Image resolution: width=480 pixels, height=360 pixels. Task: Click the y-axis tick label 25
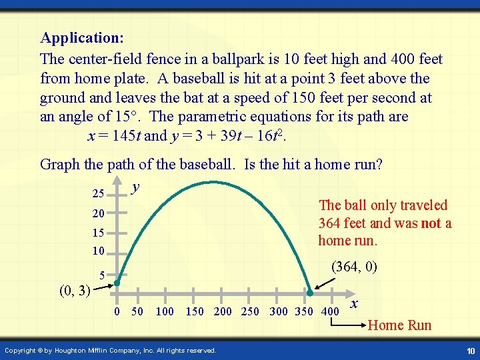click(x=98, y=194)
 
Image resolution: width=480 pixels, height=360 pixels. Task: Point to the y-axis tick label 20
click(x=98, y=214)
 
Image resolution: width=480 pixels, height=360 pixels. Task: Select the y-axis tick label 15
click(x=98, y=233)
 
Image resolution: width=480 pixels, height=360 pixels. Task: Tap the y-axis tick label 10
click(x=98, y=252)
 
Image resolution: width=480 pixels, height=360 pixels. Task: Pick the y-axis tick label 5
click(x=102, y=275)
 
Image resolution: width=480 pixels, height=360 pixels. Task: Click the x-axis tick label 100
click(x=165, y=312)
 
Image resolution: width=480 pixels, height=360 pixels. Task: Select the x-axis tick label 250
click(x=249, y=312)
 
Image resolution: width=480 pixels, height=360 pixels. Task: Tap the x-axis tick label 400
click(x=329, y=312)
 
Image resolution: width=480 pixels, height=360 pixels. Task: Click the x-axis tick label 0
click(x=117, y=312)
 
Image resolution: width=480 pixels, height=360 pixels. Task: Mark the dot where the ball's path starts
click(x=116, y=283)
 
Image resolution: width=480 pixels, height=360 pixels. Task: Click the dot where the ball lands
click(x=309, y=293)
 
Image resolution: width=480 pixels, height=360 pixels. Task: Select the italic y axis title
click(x=135, y=188)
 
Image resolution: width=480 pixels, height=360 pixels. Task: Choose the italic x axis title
click(x=355, y=303)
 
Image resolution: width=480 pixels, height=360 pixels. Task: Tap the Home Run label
click(x=399, y=325)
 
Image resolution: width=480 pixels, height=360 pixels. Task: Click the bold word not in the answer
click(x=431, y=223)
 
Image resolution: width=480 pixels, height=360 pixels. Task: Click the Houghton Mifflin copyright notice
click(x=110, y=351)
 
